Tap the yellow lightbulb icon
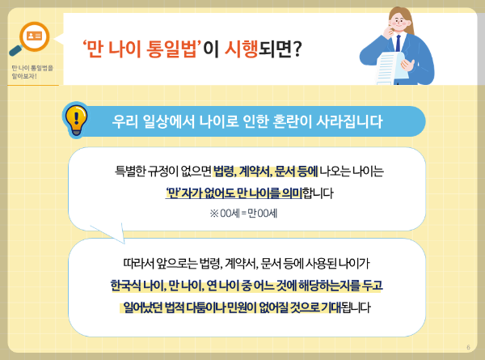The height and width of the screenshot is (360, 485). click(74, 119)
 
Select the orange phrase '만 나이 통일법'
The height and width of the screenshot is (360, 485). click(141, 49)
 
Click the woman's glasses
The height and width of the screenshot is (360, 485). click(402, 22)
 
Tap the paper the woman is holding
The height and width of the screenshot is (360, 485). click(397, 61)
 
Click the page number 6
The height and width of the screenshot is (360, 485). click(468, 348)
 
